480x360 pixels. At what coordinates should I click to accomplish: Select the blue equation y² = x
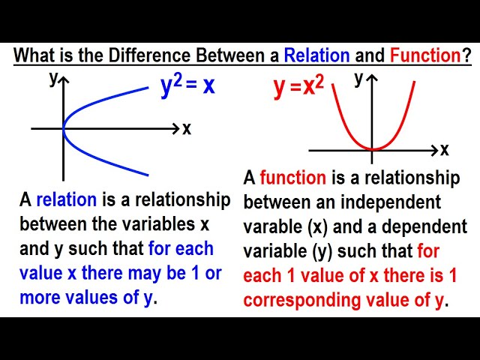[x=187, y=86]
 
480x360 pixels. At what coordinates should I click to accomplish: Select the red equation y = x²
[x=298, y=88]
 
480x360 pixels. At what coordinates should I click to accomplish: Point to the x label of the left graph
[x=187, y=129]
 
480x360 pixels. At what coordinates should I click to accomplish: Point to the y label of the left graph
[x=54, y=79]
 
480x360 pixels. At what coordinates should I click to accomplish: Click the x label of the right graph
[x=445, y=150]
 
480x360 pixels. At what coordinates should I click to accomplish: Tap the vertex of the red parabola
[x=373, y=148]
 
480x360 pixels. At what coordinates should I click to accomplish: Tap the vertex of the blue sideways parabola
[x=64, y=129]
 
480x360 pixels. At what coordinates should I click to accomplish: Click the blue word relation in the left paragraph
[x=67, y=199]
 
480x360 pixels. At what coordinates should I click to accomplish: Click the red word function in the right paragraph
[x=292, y=178]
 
